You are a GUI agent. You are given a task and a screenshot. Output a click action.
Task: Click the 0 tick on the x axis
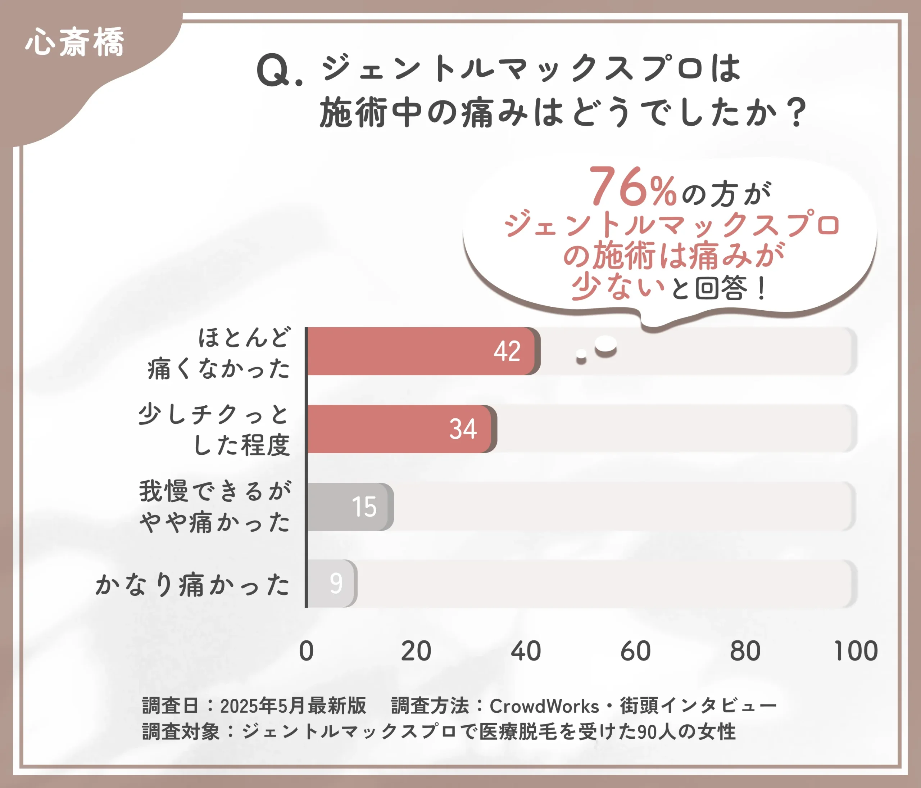(x=306, y=651)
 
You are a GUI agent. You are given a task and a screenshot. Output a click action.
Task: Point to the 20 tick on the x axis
(x=416, y=651)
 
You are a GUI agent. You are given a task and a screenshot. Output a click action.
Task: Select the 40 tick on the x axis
(x=526, y=651)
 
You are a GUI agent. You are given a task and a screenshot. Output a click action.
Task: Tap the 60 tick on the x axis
(x=636, y=651)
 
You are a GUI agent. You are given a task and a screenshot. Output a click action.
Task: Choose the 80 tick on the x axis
(x=745, y=651)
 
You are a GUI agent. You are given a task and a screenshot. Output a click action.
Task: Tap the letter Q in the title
(x=274, y=70)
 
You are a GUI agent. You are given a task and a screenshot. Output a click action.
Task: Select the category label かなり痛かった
(x=192, y=584)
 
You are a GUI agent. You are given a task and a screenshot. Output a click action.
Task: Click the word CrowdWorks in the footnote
(x=544, y=706)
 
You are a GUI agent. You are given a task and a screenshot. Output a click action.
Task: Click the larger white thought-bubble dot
(x=606, y=344)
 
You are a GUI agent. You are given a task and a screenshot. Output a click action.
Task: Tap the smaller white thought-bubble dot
(x=581, y=355)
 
